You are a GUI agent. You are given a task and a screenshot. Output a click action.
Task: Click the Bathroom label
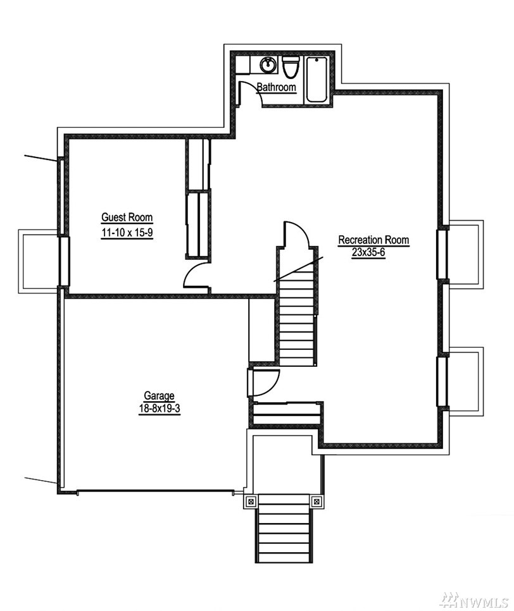pyautogui.click(x=277, y=87)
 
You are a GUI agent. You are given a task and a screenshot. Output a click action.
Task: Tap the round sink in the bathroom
pyautogui.click(x=268, y=65)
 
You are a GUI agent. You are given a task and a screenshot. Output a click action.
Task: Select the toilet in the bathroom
pyautogui.click(x=290, y=66)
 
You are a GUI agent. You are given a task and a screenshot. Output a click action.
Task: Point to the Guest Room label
pyautogui.click(x=127, y=217)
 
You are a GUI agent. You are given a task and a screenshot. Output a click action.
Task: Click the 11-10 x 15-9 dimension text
pyautogui.click(x=127, y=233)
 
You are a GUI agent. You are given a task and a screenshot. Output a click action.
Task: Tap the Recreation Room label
pyautogui.click(x=373, y=240)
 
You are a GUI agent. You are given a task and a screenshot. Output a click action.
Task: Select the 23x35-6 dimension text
pyautogui.click(x=368, y=252)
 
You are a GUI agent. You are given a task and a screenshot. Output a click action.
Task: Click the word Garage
pyautogui.click(x=159, y=395)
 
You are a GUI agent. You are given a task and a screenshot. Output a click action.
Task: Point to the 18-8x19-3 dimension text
pyautogui.click(x=160, y=409)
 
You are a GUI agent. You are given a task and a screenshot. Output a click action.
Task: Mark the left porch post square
pyautogui.click(x=251, y=502)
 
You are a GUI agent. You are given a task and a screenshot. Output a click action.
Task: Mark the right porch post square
pyautogui.click(x=317, y=502)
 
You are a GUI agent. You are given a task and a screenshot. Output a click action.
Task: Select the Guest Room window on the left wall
pyautogui.click(x=64, y=261)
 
